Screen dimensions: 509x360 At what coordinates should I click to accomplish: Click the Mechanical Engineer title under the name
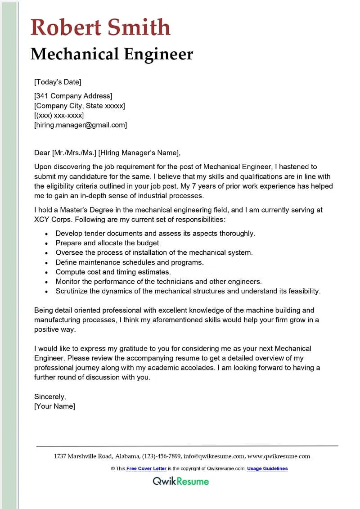point(112,54)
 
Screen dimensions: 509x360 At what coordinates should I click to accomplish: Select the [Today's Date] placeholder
point(58,82)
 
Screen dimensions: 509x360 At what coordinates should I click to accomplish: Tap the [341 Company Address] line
point(73,96)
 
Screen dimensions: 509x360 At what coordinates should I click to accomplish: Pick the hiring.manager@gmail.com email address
point(81,125)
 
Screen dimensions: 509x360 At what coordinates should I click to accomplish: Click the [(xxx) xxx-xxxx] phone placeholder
point(59,115)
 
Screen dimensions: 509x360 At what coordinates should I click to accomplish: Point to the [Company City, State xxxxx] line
point(80,106)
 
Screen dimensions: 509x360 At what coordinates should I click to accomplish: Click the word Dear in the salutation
point(42,153)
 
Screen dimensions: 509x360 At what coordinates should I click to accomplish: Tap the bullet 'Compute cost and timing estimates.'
point(113,272)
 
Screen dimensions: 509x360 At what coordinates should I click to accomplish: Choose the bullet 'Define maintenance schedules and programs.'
point(130,262)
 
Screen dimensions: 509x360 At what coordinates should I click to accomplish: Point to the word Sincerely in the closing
point(50,396)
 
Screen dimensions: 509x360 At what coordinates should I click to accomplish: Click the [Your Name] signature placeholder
point(55,406)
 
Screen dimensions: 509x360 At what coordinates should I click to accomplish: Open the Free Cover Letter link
point(146,468)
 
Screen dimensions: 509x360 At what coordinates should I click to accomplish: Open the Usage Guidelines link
point(267,468)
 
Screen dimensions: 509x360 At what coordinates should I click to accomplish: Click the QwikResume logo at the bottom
point(180,481)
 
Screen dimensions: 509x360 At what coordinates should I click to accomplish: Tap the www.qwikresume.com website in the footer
point(279,456)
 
